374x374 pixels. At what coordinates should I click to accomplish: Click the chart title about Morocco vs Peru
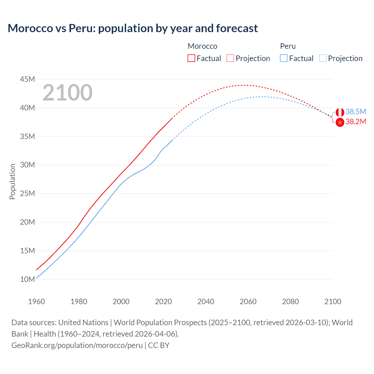click(133, 28)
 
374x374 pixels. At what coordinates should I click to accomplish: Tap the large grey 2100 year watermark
click(67, 93)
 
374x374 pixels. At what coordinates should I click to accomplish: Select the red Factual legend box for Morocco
click(191, 58)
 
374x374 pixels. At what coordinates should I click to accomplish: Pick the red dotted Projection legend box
click(230, 58)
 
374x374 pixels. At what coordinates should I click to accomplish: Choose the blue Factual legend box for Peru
click(283, 58)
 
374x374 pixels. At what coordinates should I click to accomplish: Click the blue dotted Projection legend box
click(323, 58)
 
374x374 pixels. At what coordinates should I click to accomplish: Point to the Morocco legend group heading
click(202, 46)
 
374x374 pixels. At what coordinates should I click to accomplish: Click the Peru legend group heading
click(288, 46)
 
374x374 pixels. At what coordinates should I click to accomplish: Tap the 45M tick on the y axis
click(27, 79)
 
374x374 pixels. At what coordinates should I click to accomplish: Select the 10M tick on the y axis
click(27, 279)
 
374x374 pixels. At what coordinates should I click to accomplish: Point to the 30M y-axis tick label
click(27, 165)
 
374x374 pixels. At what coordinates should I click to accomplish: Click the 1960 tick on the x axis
click(37, 302)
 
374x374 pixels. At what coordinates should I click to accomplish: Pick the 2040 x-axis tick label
click(206, 302)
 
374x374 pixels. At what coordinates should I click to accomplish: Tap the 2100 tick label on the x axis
click(333, 302)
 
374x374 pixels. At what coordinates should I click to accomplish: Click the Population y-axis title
click(12, 181)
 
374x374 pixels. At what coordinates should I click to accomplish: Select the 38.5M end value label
click(356, 112)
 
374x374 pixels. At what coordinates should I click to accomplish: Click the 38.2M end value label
click(356, 122)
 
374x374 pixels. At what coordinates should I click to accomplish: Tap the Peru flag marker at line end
click(340, 112)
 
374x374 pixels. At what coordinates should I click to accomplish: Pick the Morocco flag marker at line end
click(340, 122)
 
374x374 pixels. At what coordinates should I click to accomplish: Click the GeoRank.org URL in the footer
click(77, 345)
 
